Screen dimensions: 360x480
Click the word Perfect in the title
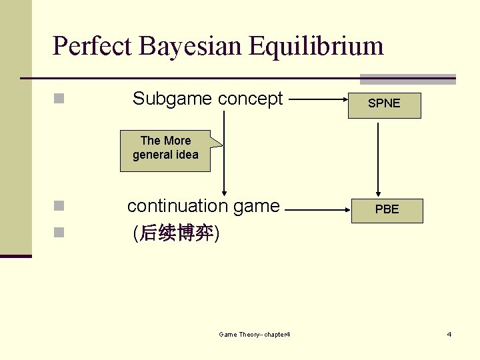(92, 46)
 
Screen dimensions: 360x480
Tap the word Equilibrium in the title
(317, 46)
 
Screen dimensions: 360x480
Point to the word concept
(251, 99)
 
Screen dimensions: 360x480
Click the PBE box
(387, 209)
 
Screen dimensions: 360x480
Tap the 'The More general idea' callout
(165, 148)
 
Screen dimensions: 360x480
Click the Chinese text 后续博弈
(176, 233)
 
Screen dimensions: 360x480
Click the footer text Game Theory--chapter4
(254, 334)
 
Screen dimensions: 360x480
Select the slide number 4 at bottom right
(449, 334)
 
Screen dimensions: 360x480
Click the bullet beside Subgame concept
(59, 99)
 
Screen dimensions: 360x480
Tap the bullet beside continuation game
(59, 205)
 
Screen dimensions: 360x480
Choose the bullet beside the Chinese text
(59, 232)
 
